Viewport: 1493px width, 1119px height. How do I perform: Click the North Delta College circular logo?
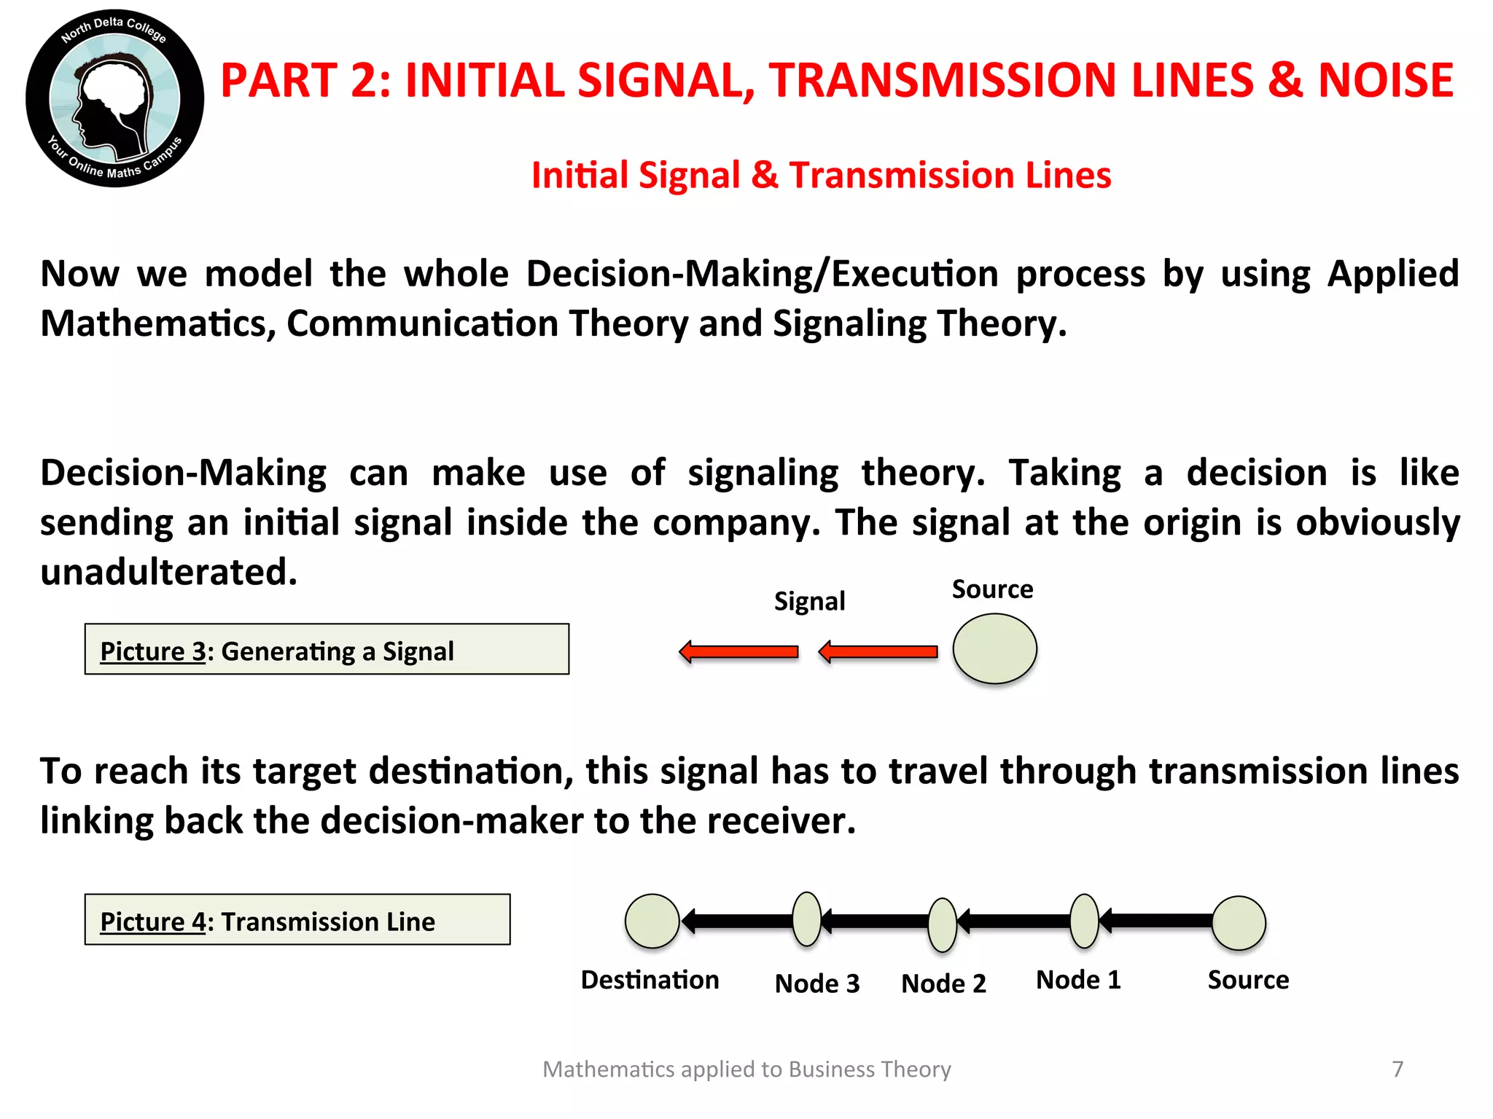[x=114, y=98]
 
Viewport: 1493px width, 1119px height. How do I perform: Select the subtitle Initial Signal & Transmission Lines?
[x=821, y=176]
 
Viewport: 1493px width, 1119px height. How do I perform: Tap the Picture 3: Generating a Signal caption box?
[x=327, y=649]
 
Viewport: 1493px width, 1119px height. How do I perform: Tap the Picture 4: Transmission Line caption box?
[x=297, y=919]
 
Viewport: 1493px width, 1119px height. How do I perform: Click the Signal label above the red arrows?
[x=809, y=602]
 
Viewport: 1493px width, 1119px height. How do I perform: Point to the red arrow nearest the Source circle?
[x=878, y=651]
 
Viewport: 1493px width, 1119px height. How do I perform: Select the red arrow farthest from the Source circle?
[x=738, y=651]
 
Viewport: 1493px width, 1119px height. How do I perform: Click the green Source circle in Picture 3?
[x=994, y=648]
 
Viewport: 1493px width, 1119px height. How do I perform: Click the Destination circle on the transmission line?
[x=652, y=922]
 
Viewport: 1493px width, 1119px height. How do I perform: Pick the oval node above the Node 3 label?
[x=806, y=919]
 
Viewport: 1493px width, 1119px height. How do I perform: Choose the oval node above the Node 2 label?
[x=942, y=924]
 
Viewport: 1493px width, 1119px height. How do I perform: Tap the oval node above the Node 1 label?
[x=1084, y=921]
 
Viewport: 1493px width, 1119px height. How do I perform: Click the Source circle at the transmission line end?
[x=1239, y=923]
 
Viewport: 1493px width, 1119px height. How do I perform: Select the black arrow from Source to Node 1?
[x=1155, y=921]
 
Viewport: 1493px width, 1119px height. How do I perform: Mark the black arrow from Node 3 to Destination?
[x=736, y=921]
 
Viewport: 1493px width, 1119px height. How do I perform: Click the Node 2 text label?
[x=943, y=983]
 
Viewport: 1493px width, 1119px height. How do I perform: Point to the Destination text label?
[x=650, y=980]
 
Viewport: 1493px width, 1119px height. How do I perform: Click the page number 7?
[x=1398, y=1069]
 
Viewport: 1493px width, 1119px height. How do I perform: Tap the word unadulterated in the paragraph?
[x=169, y=572]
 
